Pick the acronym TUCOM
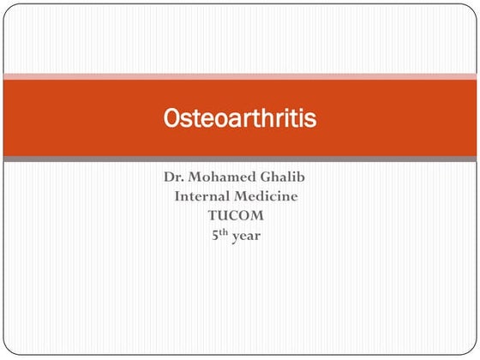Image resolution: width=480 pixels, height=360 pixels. tap(241, 215)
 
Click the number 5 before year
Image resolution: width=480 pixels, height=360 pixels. tap(216, 234)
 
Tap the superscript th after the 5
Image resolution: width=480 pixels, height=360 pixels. tap(225, 230)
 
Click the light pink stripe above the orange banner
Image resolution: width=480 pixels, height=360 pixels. tap(240, 76)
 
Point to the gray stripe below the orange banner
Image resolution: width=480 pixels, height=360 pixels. tap(240, 159)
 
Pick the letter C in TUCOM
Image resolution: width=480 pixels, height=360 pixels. tap(241, 215)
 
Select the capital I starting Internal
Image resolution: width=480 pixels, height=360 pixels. tap(178, 197)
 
